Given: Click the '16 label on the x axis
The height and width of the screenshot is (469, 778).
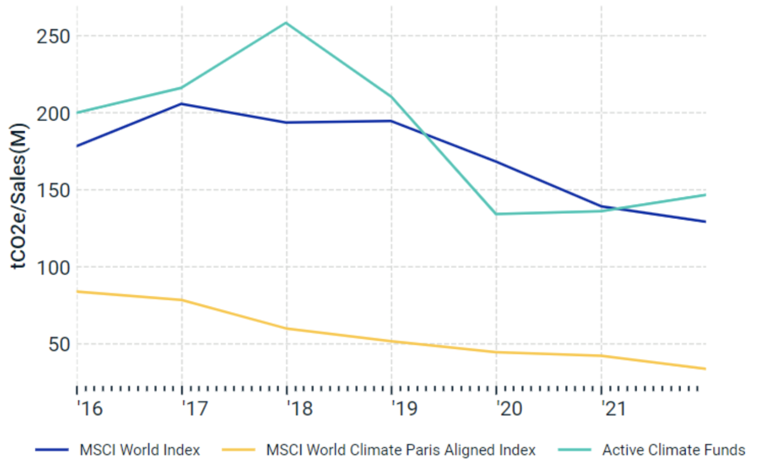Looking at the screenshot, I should point(90,409).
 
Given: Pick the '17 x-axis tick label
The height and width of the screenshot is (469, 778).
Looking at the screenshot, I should point(194,409).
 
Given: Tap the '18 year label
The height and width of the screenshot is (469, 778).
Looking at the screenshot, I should point(299,409).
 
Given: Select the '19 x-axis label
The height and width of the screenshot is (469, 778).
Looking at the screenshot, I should point(404,409).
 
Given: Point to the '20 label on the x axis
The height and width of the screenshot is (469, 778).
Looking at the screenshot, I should point(509,409).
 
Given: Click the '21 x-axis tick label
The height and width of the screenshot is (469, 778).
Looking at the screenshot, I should point(614,409).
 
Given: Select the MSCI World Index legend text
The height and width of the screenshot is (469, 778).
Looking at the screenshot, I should point(140,450).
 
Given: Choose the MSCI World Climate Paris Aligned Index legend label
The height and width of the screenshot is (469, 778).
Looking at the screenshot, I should point(401,450).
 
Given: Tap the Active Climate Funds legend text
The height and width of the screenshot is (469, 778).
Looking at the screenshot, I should point(673,450).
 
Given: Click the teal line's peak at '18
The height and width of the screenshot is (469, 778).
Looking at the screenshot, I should point(287,22).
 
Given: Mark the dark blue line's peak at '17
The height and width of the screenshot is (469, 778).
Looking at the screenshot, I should point(182,103).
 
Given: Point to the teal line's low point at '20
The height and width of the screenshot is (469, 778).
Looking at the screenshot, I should point(497,214).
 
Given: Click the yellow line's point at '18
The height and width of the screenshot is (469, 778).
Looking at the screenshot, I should point(287,328).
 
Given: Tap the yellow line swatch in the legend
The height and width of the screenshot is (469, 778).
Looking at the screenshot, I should point(239,450).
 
